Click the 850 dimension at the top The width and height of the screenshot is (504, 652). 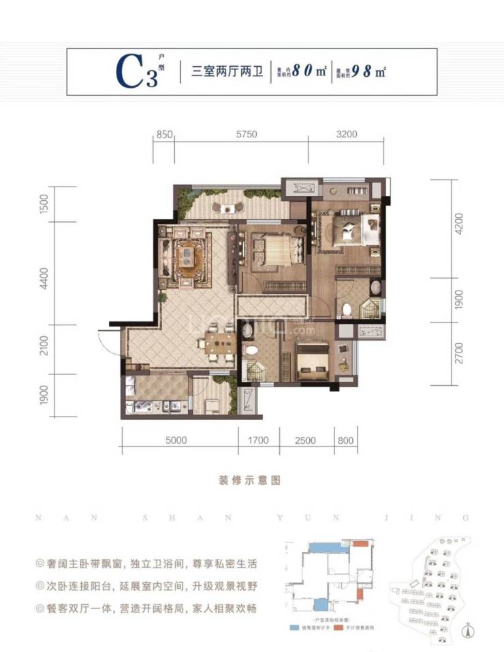(x=162, y=135)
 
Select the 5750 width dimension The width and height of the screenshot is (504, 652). (x=247, y=135)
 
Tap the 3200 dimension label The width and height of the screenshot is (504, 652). (x=347, y=135)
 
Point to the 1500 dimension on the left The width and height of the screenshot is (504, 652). (x=44, y=203)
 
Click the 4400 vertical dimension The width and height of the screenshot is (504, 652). (x=44, y=278)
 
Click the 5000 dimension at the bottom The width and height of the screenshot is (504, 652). (x=176, y=440)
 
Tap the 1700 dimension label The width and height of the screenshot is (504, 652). (x=257, y=440)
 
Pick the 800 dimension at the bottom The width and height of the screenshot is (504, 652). (x=345, y=440)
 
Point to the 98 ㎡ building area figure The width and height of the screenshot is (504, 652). (x=371, y=71)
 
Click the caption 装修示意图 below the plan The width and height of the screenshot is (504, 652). (x=252, y=480)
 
